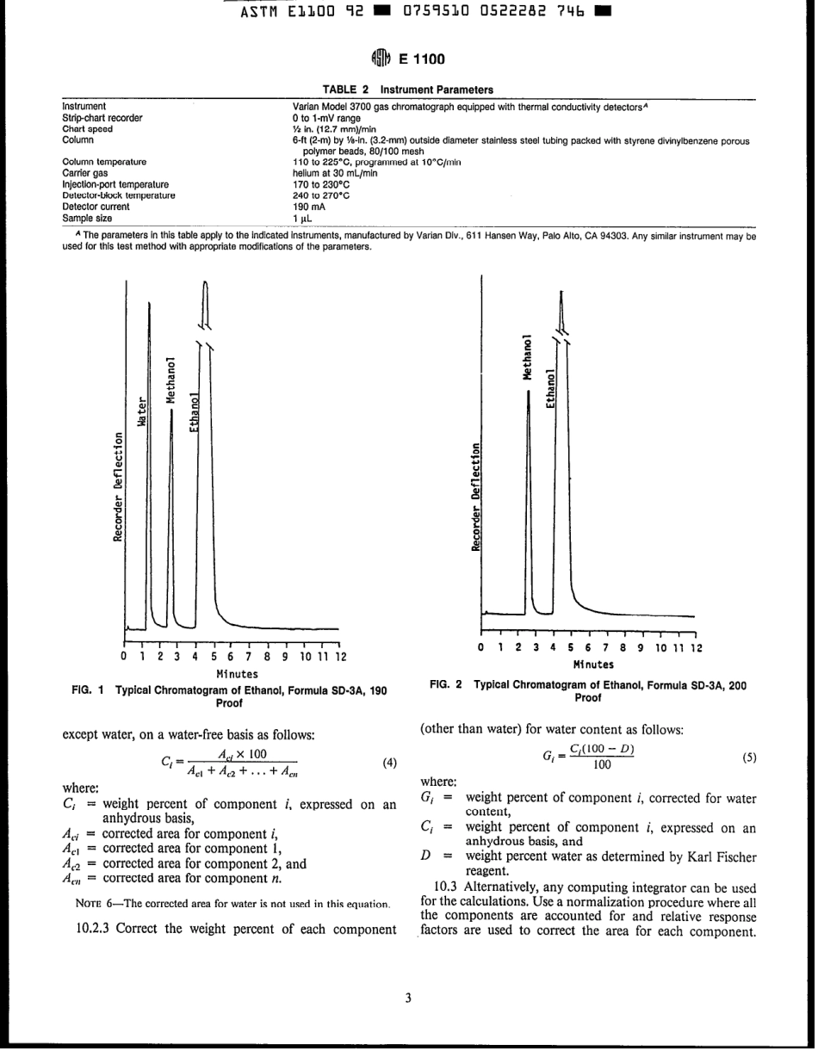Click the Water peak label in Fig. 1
pyautogui.click(x=142, y=412)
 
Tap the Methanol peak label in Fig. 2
pyautogui.click(x=528, y=356)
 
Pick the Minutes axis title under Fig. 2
pyautogui.click(x=594, y=664)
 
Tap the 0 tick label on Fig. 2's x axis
pyautogui.click(x=482, y=647)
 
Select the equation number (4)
pyautogui.click(x=389, y=763)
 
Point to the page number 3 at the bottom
pyautogui.click(x=408, y=998)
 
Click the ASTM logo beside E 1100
pyautogui.click(x=381, y=59)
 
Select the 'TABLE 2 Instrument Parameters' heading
pyautogui.click(x=408, y=90)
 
